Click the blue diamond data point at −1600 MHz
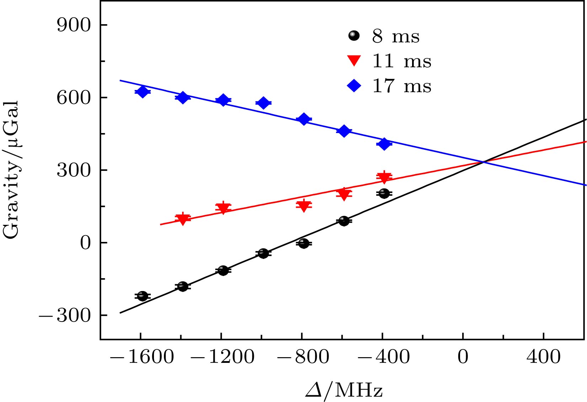143,92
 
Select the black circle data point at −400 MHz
384,194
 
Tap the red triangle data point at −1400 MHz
183,219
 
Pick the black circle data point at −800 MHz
303,243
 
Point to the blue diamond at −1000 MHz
263,103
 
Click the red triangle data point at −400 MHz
384,177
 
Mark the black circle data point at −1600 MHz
143,296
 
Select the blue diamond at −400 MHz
384,144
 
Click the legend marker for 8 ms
354,36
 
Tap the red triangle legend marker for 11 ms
354,61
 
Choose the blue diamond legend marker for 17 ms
354,86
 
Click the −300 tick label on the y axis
65,316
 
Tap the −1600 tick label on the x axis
142,356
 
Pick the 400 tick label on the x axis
543,356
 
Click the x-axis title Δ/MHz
344,390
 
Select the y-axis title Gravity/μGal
11,170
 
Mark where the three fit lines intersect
483,162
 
